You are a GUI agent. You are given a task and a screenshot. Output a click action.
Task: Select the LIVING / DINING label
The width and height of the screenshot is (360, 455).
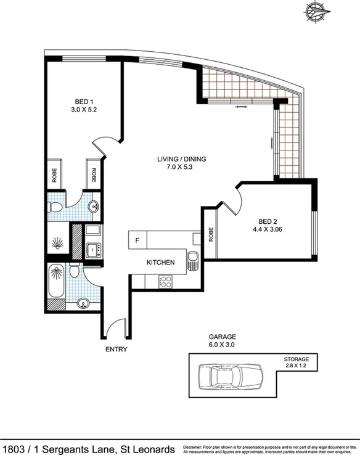(181, 159)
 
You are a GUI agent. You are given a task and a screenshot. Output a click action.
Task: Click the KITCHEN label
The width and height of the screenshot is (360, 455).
(160, 263)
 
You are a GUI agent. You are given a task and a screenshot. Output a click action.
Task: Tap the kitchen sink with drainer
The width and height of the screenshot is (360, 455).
(193, 261)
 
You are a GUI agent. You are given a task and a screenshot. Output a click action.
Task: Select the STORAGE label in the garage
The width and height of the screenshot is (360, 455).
(300, 358)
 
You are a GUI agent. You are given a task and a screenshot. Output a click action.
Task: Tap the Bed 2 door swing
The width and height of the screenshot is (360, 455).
(231, 204)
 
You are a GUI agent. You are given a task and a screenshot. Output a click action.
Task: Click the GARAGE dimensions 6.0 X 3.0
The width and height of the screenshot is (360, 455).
(223, 345)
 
